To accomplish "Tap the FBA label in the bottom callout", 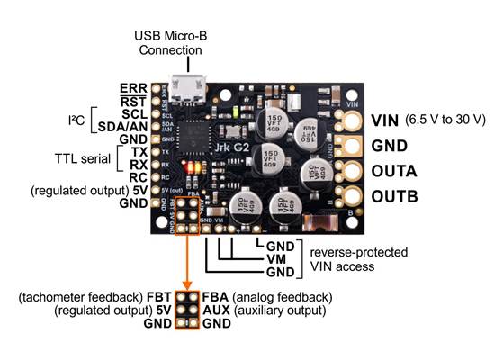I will click(x=215, y=297).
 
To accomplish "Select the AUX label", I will click(x=216, y=310).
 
